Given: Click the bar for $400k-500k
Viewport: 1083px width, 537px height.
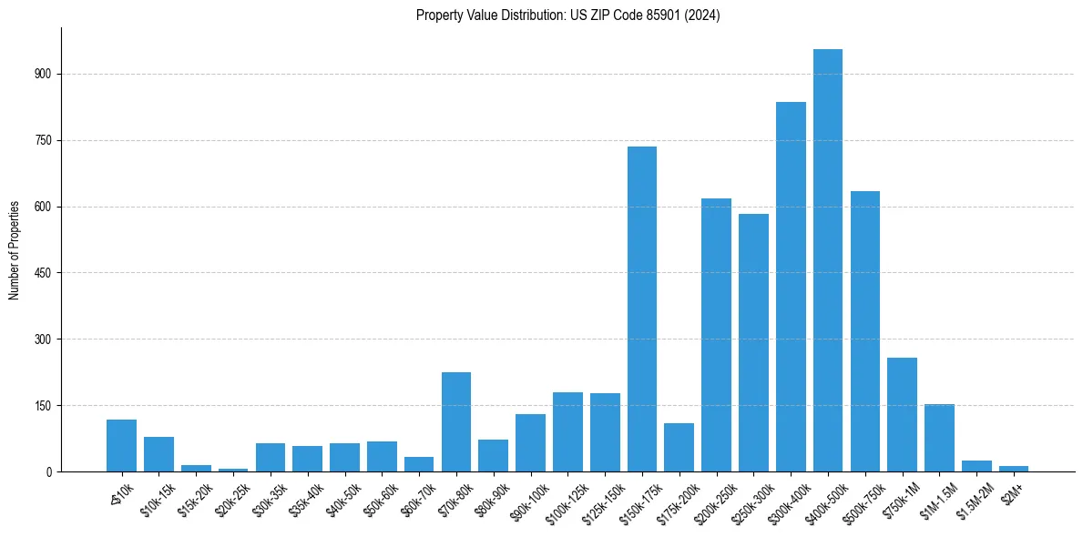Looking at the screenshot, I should pos(827,260).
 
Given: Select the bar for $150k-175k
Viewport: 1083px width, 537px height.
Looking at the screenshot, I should pos(641,309).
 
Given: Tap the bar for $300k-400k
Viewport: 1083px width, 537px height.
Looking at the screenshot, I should pos(791,287).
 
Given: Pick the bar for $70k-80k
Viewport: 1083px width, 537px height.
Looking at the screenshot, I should pos(455,421).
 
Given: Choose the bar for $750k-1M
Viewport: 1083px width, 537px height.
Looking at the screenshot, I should pos(902,414).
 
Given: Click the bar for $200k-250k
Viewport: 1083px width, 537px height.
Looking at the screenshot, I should pos(716,335).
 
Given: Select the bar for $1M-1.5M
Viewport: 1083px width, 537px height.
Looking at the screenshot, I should pos(939,438).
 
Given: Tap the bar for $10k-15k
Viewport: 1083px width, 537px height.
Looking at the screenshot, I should pos(158,454).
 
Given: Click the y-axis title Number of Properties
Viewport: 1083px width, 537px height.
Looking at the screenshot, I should pos(14,250).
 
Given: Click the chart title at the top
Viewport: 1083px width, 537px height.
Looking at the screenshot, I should pos(567,15).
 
